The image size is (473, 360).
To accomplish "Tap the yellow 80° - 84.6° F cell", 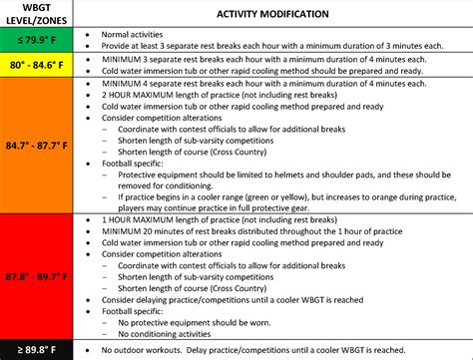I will [x=38, y=64].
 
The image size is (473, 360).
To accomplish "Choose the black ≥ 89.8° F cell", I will [x=38, y=349].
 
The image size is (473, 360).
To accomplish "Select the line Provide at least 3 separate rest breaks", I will [x=269, y=45].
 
